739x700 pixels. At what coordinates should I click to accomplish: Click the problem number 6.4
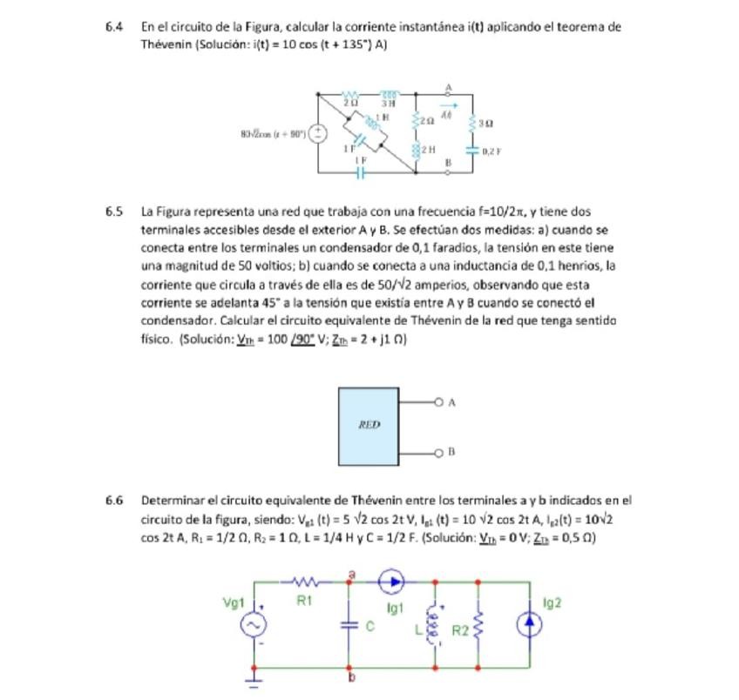point(113,27)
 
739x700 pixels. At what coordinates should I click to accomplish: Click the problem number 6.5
point(113,212)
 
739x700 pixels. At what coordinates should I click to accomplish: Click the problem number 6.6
point(113,501)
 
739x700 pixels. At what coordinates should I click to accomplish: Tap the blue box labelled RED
point(369,426)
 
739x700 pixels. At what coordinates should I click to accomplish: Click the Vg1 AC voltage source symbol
point(255,625)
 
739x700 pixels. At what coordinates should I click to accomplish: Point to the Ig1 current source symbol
point(392,581)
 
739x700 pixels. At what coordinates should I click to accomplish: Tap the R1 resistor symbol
point(305,581)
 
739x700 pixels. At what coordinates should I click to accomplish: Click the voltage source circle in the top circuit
point(319,134)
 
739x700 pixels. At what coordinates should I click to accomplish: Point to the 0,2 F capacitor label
point(493,151)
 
